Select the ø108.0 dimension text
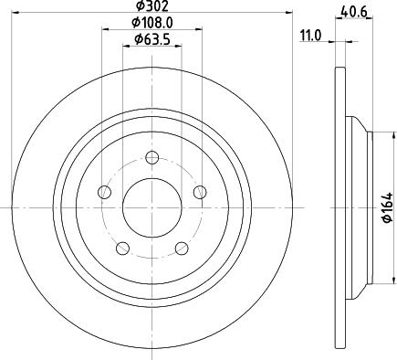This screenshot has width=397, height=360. (151, 22)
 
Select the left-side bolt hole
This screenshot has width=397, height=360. (104, 192)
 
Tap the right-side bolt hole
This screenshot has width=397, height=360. (200, 192)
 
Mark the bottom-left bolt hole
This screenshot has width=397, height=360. (122, 248)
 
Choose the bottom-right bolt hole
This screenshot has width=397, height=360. (181, 248)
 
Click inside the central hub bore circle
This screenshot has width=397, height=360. (151, 206)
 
